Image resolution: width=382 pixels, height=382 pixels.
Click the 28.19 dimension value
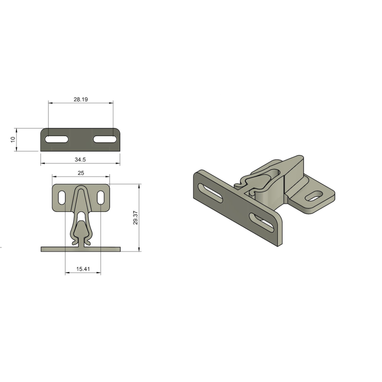click(x=81, y=99)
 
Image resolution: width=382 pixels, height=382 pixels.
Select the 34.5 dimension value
click(x=80, y=160)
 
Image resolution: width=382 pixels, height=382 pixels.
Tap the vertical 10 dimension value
click(x=13, y=139)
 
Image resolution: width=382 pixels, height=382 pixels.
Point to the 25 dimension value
click(x=81, y=173)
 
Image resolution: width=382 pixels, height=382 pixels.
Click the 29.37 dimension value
click(x=136, y=218)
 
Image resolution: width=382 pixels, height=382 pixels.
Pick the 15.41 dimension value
click(x=83, y=269)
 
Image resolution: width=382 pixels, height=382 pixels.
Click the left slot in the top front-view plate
click(x=57, y=139)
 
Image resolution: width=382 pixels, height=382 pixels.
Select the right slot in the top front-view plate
click(x=105, y=139)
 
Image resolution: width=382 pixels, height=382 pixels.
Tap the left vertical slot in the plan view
click(x=62, y=197)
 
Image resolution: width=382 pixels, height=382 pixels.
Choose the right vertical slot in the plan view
click(x=100, y=197)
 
